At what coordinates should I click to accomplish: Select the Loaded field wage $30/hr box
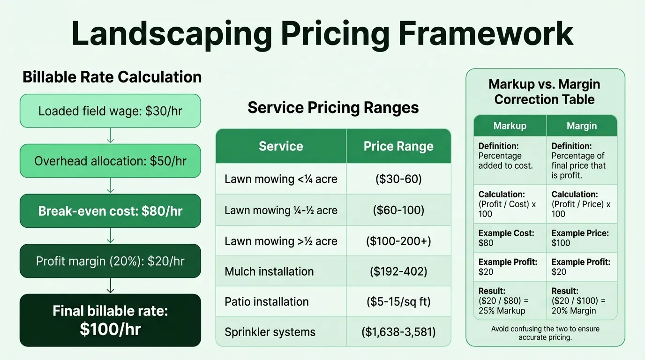coord(110,111)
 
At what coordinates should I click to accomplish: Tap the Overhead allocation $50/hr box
coord(110,161)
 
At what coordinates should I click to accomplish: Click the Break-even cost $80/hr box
coord(110,211)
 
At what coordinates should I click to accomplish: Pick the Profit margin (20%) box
coord(110,261)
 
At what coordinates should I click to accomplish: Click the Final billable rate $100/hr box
coord(110,320)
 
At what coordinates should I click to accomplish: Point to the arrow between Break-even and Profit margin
coord(110,236)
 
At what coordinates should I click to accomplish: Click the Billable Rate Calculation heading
coord(112,77)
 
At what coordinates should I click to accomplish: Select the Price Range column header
coord(398,146)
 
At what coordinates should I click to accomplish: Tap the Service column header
coord(281,146)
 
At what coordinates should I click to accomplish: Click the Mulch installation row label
coord(269,271)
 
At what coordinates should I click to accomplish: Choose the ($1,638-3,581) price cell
coord(398,332)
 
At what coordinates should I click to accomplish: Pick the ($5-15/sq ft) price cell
coord(398,301)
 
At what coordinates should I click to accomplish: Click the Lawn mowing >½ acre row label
coord(281,241)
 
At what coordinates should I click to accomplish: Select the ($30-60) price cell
coord(398,179)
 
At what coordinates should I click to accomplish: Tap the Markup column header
coord(510,126)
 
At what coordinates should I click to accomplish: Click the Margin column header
coord(582,126)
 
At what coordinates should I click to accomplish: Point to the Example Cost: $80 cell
coord(510,238)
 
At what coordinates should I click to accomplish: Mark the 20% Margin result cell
coord(582,300)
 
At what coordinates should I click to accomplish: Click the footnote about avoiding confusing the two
coord(545,333)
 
